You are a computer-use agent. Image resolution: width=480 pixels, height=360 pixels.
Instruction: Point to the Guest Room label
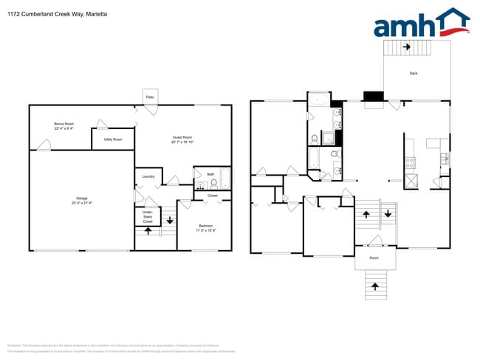pyautogui.click(x=182, y=137)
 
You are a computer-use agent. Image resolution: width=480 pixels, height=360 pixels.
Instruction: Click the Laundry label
pyautogui.click(x=148, y=177)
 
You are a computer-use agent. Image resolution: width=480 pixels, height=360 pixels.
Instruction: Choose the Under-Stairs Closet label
pyautogui.click(x=148, y=216)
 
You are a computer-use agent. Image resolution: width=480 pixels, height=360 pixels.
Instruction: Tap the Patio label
pyautogui.click(x=149, y=97)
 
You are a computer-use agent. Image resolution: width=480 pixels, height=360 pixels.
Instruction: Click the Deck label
pyautogui.click(x=414, y=72)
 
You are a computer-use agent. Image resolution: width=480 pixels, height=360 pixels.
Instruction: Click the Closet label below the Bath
pyautogui.click(x=213, y=195)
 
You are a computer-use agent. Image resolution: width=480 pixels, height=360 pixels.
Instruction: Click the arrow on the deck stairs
pyautogui.click(x=407, y=47)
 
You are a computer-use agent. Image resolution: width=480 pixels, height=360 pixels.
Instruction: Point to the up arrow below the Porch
pyautogui.click(x=375, y=285)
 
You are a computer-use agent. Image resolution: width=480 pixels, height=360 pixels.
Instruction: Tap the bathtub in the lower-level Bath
pyautogui.click(x=224, y=179)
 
